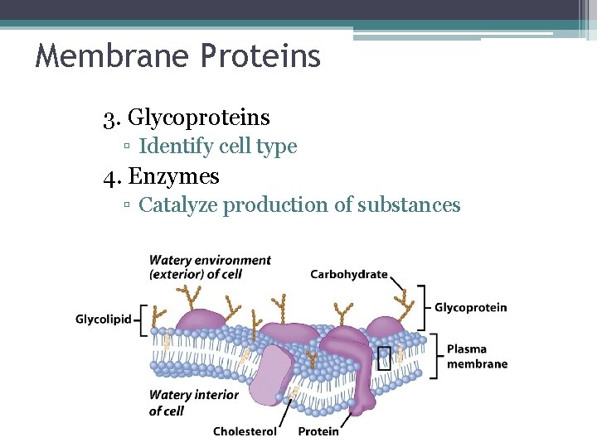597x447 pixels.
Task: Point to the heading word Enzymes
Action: (174, 176)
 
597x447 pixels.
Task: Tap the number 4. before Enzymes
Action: (112, 176)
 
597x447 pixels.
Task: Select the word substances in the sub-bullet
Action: (409, 204)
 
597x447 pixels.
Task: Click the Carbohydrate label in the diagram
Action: (349, 274)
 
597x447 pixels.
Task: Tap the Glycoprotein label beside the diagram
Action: (471, 308)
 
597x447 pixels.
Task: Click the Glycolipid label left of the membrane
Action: (104, 320)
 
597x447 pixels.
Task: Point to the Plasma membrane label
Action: (477, 356)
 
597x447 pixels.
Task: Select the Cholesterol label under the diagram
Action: (245, 431)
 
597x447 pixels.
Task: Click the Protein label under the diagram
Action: (318, 431)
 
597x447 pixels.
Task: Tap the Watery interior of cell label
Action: (193, 402)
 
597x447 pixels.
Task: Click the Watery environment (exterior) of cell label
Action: (210, 267)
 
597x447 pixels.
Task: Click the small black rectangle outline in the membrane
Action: (384, 358)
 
